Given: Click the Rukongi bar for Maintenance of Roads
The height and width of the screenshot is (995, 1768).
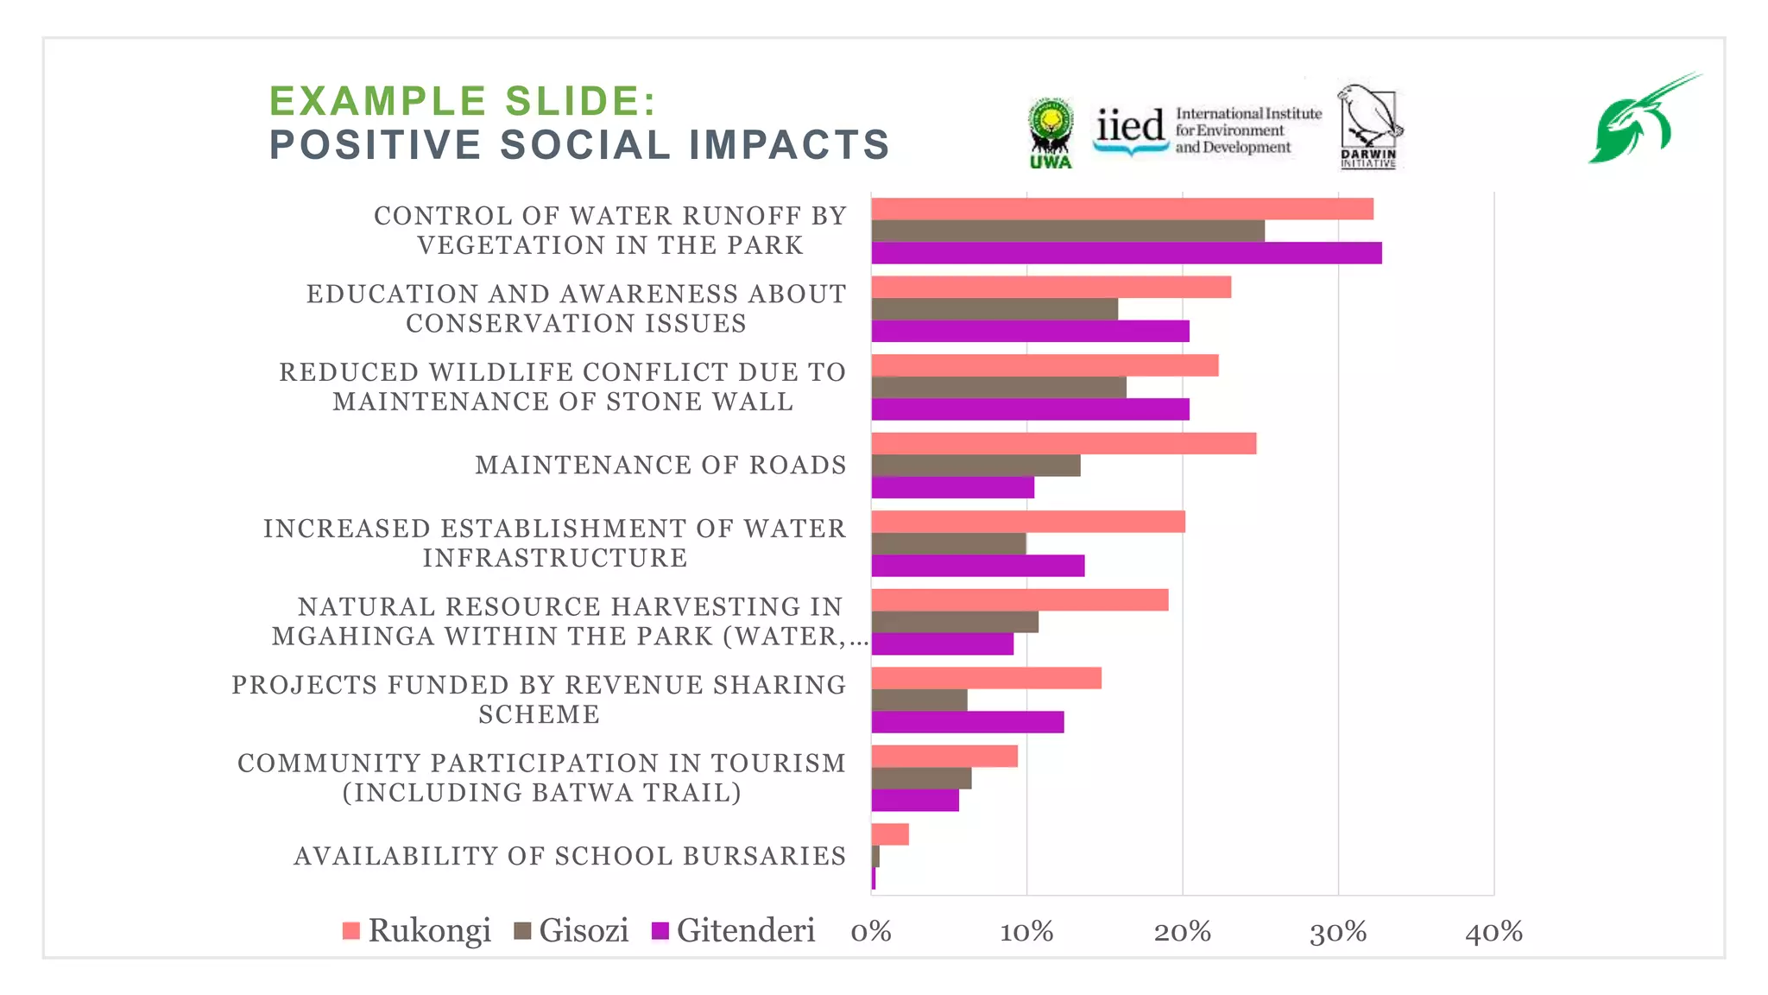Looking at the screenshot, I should tap(1064, 443).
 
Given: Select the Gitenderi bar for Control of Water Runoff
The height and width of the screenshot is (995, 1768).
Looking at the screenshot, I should tap(1127, 253).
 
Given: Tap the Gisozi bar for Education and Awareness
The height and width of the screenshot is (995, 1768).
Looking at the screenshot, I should tap(994, 309).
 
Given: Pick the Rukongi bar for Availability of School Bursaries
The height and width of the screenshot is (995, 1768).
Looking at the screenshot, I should tap(890, 834).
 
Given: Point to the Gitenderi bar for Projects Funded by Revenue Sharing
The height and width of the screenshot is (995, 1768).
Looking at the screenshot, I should tap(968, 722).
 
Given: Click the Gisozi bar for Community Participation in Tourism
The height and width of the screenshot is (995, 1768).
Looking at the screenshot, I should tap(921, 778).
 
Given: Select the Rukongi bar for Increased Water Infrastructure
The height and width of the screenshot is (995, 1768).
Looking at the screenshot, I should tap(1028, 522).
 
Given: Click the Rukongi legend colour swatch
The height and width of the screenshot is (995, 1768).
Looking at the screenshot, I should tap(350, 931).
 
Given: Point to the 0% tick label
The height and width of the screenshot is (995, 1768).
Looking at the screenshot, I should tap(870, 932).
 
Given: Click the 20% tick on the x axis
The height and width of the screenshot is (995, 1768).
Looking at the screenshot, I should tap(1182, 932).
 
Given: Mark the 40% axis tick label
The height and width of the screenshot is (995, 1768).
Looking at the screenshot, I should tap(1493, 932).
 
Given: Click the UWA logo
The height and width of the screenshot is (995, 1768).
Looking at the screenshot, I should tap(1050, 132).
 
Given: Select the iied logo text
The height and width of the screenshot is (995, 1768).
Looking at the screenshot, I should tap(1129, 128).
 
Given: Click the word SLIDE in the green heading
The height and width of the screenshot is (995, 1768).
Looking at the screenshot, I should tap(581, 101).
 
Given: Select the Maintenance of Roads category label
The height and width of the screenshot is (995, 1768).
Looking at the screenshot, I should tap(660, 466).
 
